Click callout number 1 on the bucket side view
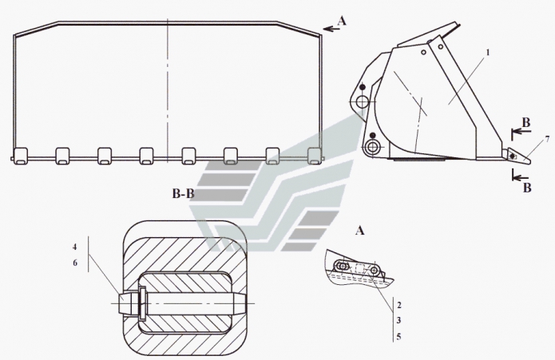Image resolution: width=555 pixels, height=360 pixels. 488,53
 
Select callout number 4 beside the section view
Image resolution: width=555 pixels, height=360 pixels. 75,247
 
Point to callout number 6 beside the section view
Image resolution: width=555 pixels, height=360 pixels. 75,263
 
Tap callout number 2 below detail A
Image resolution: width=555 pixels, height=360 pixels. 399,305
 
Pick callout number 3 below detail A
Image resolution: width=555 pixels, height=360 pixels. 399,320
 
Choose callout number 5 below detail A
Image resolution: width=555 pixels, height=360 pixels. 399,336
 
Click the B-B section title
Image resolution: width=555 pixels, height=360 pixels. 184,194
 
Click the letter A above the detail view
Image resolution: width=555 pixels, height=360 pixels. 359,231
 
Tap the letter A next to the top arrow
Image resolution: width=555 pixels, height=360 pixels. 342,22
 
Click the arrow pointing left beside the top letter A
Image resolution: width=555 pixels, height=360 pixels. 331,28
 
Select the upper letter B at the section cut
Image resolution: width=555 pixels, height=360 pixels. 526,123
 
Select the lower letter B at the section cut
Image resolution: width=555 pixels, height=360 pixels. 527,188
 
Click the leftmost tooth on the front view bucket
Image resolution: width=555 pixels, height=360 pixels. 20,156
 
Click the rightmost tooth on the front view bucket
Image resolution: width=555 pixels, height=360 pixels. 315,156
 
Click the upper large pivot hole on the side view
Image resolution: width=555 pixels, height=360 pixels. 362,102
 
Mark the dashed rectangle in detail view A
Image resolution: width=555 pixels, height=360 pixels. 360,268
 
